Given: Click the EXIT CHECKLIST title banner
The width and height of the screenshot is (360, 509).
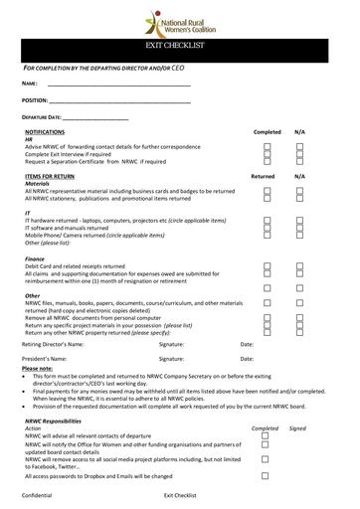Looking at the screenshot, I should tap(180, 48).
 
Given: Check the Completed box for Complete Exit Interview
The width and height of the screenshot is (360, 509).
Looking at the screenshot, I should tap(268, 154).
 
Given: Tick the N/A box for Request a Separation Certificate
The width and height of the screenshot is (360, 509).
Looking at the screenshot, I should tap(299, 162).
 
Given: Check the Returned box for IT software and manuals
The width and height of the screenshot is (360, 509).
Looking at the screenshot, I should tap(268, 228).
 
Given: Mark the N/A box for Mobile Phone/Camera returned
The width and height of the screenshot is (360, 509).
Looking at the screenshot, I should tap(299, 236).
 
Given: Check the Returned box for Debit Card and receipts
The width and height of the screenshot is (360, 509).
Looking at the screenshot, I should tap(268, 265).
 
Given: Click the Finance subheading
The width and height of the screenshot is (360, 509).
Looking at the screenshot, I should tap(34, 258).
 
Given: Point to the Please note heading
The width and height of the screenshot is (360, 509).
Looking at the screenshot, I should tap(39, 368).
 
